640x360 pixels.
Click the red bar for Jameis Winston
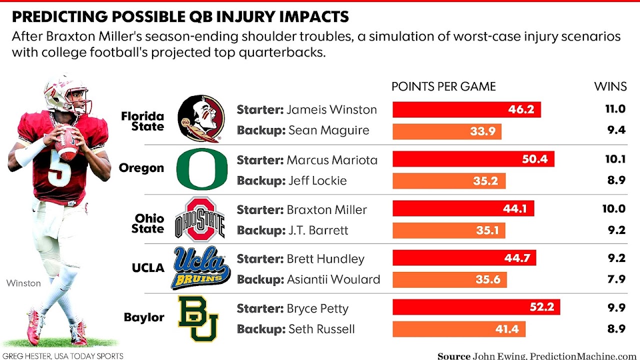(x=466, y=109)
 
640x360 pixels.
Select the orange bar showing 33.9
(x=447, y=131)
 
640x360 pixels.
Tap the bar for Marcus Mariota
(x=473, y=159)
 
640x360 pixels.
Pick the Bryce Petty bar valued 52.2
(x=476, y=307)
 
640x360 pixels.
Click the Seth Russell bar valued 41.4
(x=458, y=328)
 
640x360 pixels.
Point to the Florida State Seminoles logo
(x=201, y=119)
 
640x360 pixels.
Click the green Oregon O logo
(x=202, y=168)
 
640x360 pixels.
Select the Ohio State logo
(x=200, y=219)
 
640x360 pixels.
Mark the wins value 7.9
(x=615, y=279)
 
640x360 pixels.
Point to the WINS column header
(x=610, y=86)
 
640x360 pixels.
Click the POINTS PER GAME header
(x=443, y=86)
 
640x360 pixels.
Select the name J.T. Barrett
(x=318, y=230)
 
